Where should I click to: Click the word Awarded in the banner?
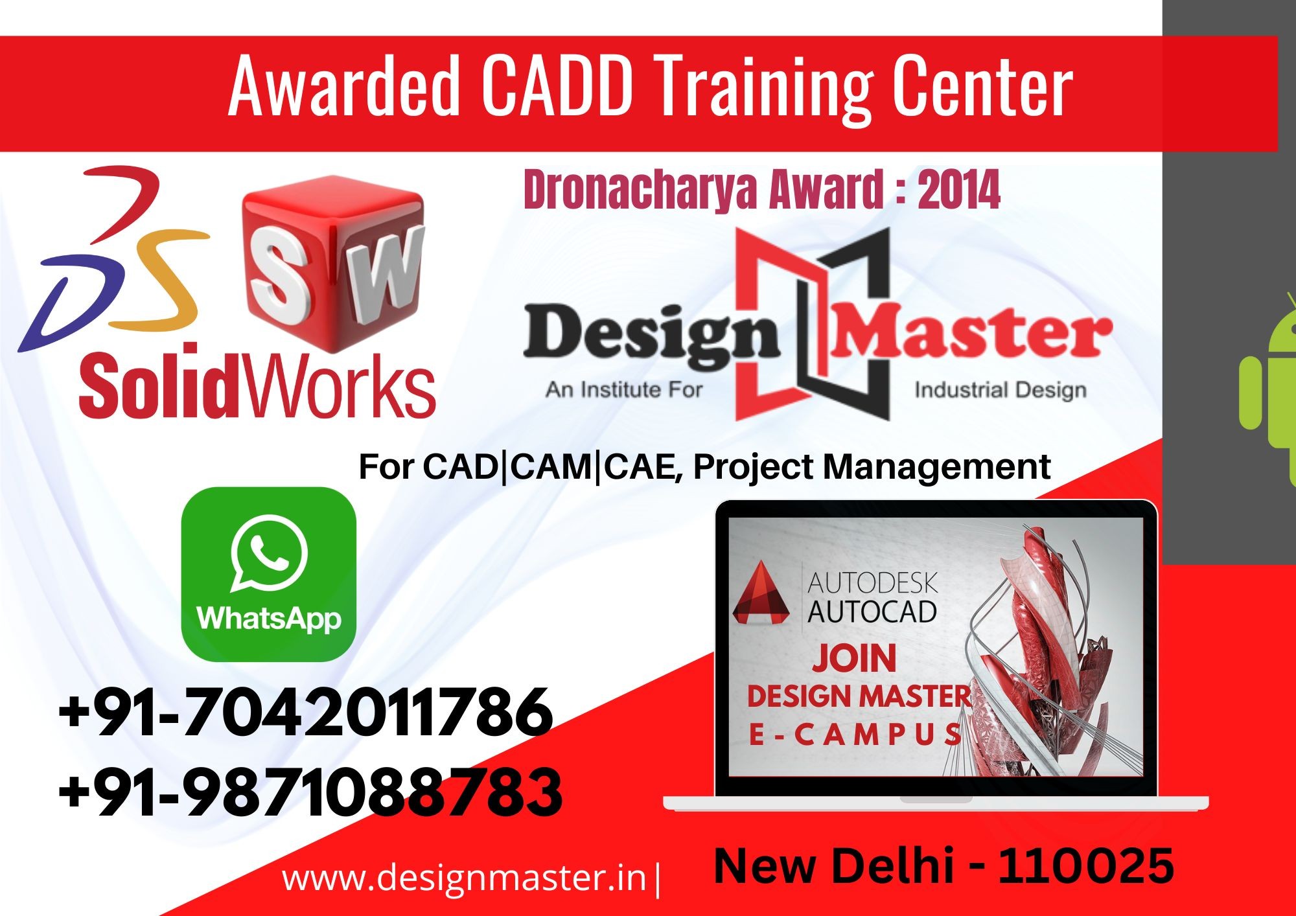click(x=344, y=86)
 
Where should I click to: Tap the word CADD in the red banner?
click(x=557, y=86)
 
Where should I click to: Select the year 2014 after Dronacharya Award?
click(x=959, y=189)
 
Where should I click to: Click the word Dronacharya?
click(x=640, y=189)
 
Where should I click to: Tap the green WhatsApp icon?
click(x=269, y=574)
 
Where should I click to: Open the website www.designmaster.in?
click(x=465, y=878)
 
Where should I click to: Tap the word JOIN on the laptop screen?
click(x=855, y=658)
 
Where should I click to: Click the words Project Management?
click(x=872, y=467)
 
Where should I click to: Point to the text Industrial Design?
click(x=1001, y=390)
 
